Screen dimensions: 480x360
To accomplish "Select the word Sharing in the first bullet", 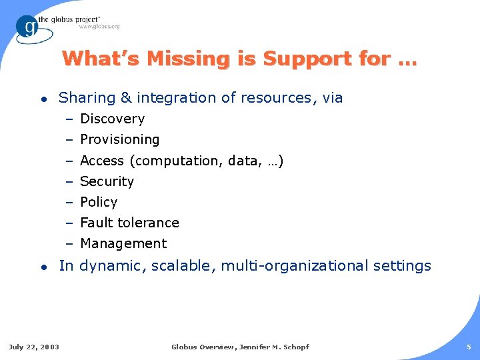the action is pyautogui.click(x=87, y=98).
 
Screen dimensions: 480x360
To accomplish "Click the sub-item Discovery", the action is pyautogui.click(x=112, y=119).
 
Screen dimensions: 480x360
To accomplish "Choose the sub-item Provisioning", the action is pyautogui.click(x=119, y=139).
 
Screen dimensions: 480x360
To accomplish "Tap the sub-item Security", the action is pyautogui.click(x=107, y=181).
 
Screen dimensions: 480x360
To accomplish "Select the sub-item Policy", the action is pyautogui.click(x=99, y=202).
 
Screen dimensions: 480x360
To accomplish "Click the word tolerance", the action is pyautogui.click(x=148, y=223).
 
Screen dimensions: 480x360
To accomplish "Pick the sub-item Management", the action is pyautogui.click(x=123, y=243).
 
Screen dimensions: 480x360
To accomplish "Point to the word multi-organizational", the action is pyautogui.click(x=294, y=266).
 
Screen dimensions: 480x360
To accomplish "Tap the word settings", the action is pyautogui.click(x=402, y=266).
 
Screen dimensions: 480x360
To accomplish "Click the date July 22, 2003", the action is pyautogui.click(x=33, y=347).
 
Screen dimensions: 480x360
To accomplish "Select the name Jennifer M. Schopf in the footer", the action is pyautogui.click(x=273, y=347).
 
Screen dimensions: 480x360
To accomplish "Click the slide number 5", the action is pyautogui.click(x=469, y=347).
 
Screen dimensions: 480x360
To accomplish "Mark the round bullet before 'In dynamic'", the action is pyautogui.click(x=43, y=267).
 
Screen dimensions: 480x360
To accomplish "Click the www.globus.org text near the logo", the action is pyautogui.click(x=99, y=27).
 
